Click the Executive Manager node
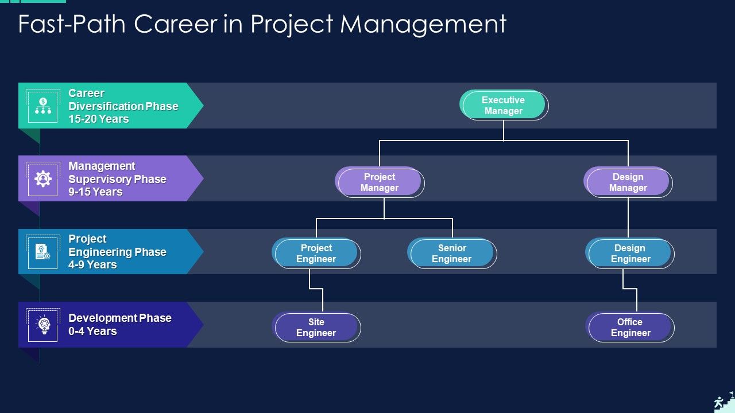tap(504, 105)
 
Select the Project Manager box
tap(379, 182)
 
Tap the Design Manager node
tap(628, 182)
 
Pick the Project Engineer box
tap(316, 253)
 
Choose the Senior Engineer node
tap(452, 253)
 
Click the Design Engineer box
tap(630, 253)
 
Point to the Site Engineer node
tap(316, 327)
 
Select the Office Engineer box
tap(630, 327)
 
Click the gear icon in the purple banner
tap(43, 179)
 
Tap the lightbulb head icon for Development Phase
tap(44, 325)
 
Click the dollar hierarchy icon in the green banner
tap(43, 106)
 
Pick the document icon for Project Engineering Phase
tap(43, 252)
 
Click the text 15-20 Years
tap(98, 119)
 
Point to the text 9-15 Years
tap(95, 192)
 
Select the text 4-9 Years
tap(92, 265)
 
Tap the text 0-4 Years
tap(92, 332)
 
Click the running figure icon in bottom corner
tap(719, 403)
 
